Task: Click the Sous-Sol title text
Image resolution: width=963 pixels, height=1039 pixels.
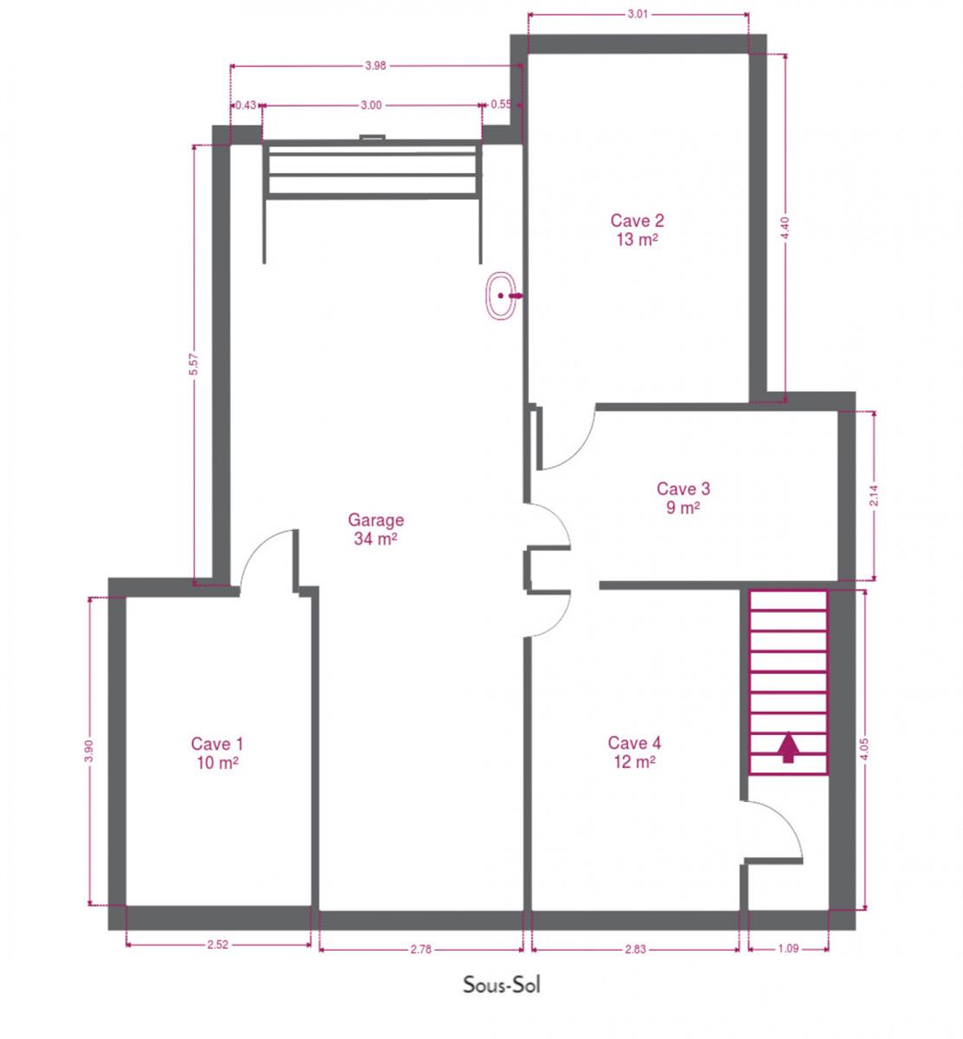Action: point(501,985)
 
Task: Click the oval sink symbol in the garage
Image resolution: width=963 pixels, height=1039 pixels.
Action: point(501,295)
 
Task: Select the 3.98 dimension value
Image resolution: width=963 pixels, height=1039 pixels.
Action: point(376,66)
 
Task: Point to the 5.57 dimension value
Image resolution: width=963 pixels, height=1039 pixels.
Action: point(194,365)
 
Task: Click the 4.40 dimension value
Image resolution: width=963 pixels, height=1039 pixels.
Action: point(785,228)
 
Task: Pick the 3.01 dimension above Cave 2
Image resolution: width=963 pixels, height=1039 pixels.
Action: point(638,14)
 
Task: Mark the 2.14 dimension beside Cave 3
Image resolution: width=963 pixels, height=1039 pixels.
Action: point(874,496)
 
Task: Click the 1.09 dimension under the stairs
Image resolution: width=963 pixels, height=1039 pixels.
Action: point(788,948)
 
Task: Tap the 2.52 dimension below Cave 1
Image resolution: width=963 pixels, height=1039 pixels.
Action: point(217,945)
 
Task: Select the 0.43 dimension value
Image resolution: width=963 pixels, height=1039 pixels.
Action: point(246,105)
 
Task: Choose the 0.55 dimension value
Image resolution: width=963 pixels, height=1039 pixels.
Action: point(501,104)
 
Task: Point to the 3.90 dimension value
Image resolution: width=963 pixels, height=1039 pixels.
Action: point(89,751)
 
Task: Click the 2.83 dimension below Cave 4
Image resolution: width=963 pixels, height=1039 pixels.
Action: point(635,949)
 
